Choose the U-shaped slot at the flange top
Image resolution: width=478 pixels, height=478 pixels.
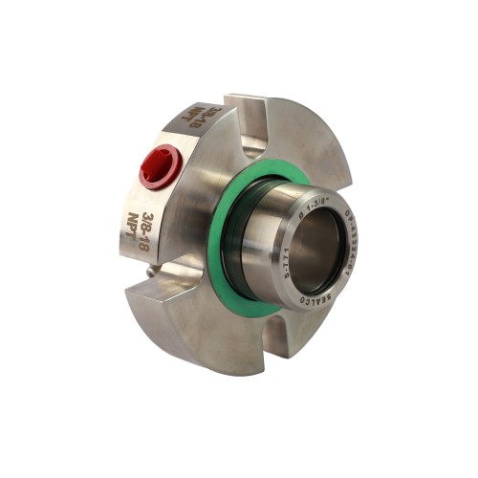(x=250, y=143)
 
